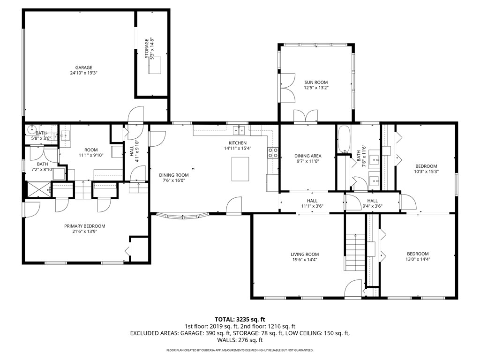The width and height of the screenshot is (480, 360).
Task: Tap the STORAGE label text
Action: (x=146, y=49)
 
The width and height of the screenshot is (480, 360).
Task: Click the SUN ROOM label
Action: (x=316, y=82)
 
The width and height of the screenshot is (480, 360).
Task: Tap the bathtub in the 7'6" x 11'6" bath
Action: (x=344, y=139)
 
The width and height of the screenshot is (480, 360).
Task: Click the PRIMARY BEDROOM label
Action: (x=84, y=226)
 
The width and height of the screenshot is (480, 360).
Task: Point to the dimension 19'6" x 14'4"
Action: (x=305, y=260)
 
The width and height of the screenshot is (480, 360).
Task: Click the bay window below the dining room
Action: (x=182, y=217)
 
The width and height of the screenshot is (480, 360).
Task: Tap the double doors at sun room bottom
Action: (x=305, y=116)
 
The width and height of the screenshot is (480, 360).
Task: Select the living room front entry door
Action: (x=352, y=291)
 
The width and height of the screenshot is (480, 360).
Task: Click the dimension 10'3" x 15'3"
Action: (x=426, y=172)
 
